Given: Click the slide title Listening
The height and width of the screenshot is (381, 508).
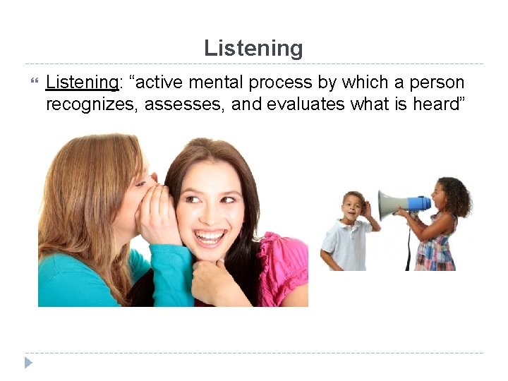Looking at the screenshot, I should coord(253,48).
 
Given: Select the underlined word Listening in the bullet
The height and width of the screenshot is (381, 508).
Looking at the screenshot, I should coord(81,83).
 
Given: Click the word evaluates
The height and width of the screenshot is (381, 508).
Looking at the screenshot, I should coord(308,104).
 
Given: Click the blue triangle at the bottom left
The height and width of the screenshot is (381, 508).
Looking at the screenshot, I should coord(28,363).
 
